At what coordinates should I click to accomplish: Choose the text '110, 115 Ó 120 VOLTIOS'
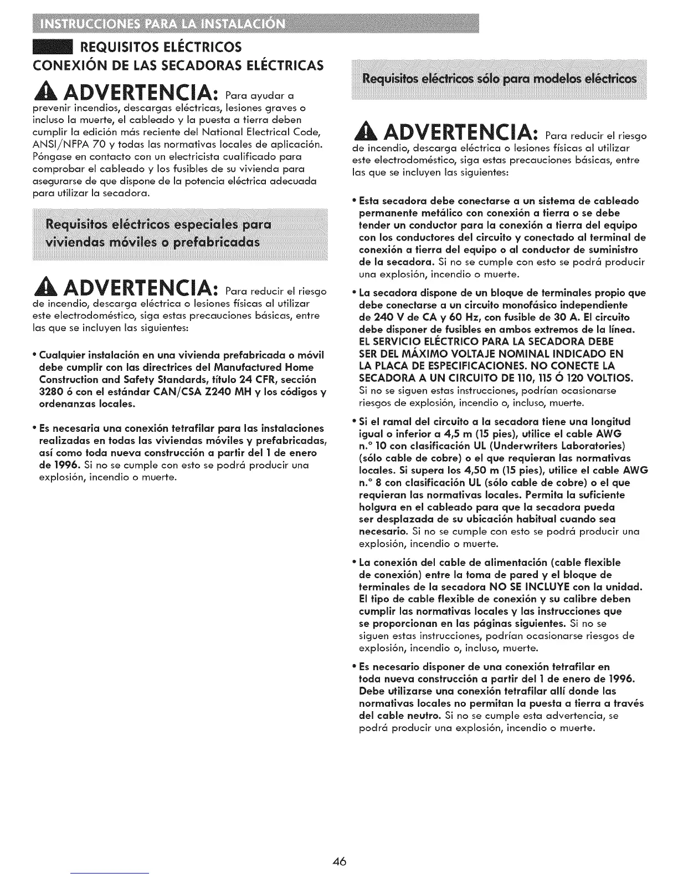coord(571,378)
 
